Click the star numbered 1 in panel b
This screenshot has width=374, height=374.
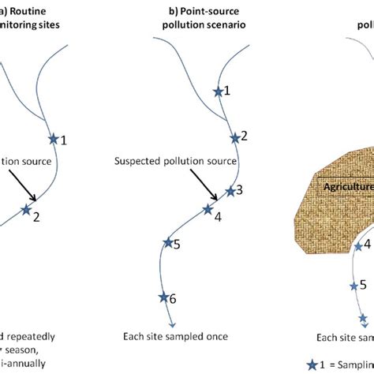tap(219, 92)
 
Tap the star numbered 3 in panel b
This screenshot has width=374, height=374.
tap(230, 191)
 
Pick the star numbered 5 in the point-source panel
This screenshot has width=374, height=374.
tap(166, 244)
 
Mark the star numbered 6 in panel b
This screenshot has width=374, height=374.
tap(163, 297)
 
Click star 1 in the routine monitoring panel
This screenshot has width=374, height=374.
tap(54, 139)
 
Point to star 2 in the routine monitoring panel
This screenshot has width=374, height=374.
tap(26, 210)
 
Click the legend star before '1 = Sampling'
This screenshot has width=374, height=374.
tap(312, 365)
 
